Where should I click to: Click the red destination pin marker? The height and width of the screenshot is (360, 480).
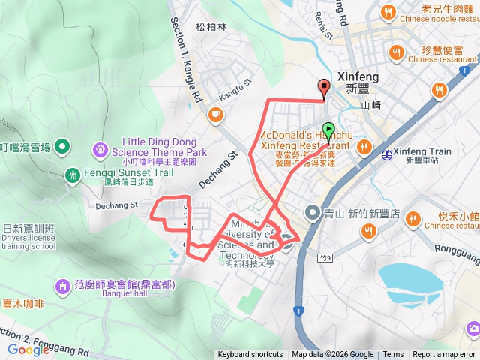pos(324,88)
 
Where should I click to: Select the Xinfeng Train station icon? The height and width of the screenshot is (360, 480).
pos(386,155)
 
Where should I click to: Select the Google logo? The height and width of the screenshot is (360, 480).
pos(28,349)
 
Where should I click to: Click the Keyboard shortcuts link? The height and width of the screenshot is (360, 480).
pos(250,355)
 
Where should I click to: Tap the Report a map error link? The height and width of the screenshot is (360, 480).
pos(445,355)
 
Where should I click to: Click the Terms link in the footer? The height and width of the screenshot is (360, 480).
pos(393,355)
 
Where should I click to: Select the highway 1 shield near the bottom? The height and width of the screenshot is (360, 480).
pos(299,310)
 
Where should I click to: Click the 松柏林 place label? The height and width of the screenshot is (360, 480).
pos(211,26)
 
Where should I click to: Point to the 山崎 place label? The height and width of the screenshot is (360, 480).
pos(371,106)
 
